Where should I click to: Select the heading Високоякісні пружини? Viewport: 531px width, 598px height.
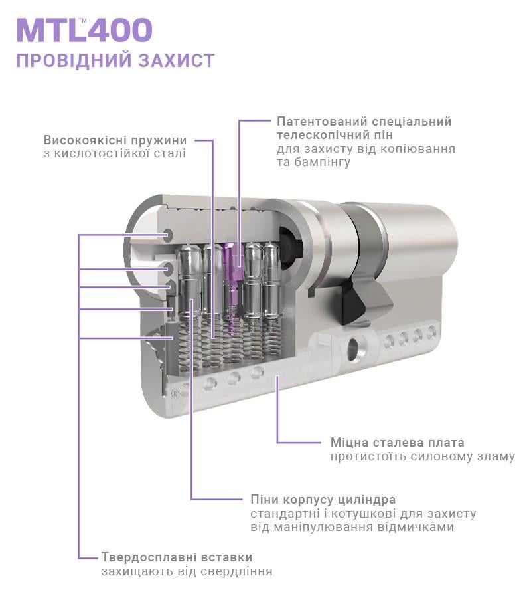pyautogui.click(x=115, y=140)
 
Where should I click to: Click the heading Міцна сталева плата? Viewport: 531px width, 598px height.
pyautogui.click(x=397, y=443)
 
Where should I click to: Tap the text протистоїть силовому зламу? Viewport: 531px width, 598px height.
pyautogui.click(x=422, y=457)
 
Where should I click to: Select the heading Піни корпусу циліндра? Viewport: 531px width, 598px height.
pyautogui.click(x=323, y=499)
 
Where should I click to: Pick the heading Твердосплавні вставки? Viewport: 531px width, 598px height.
pyautogui.click(x=177, y=557)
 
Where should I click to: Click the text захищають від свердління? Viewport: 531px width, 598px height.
pyautogui.click(x=187, y=572)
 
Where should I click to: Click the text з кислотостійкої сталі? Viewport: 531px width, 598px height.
pyautogui.click(x=114, y=154)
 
